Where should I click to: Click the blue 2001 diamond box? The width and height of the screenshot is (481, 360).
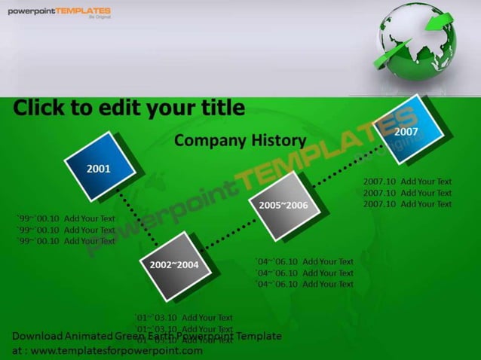pyautogui.click(x=100, y=167)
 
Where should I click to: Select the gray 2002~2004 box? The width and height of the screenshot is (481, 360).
pyautogui.click(x=175, y=265)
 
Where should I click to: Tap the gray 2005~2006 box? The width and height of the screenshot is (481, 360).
pyautogui.click(x=283, y=206)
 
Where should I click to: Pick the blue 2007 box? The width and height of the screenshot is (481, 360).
pyautogui.click(x=407, y=131)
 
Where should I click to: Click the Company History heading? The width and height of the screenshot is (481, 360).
pyautogui.click(x=240, y=140)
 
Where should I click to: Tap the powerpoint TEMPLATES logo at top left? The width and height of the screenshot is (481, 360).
pyautogui.click(x=59, y=12)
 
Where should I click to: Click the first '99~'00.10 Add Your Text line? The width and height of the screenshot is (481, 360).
pyautogui.click(x=66, y=218)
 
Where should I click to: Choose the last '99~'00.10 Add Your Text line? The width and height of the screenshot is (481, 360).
pyautogui.click(x=66, y=241)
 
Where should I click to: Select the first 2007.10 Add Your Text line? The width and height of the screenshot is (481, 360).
pyautogui.click(x=407, y=182)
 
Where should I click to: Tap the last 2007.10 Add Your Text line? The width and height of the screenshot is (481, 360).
pyautogui.click(x=407, y=204)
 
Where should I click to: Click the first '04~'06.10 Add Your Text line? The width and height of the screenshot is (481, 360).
pyautogui.click(x=305, y=261)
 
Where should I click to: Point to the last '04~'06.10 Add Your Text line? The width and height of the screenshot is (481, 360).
pyautogui.click(x=305, y=284)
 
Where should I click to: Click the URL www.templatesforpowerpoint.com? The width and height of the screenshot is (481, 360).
pyautogui.click(x=116, y=350)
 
